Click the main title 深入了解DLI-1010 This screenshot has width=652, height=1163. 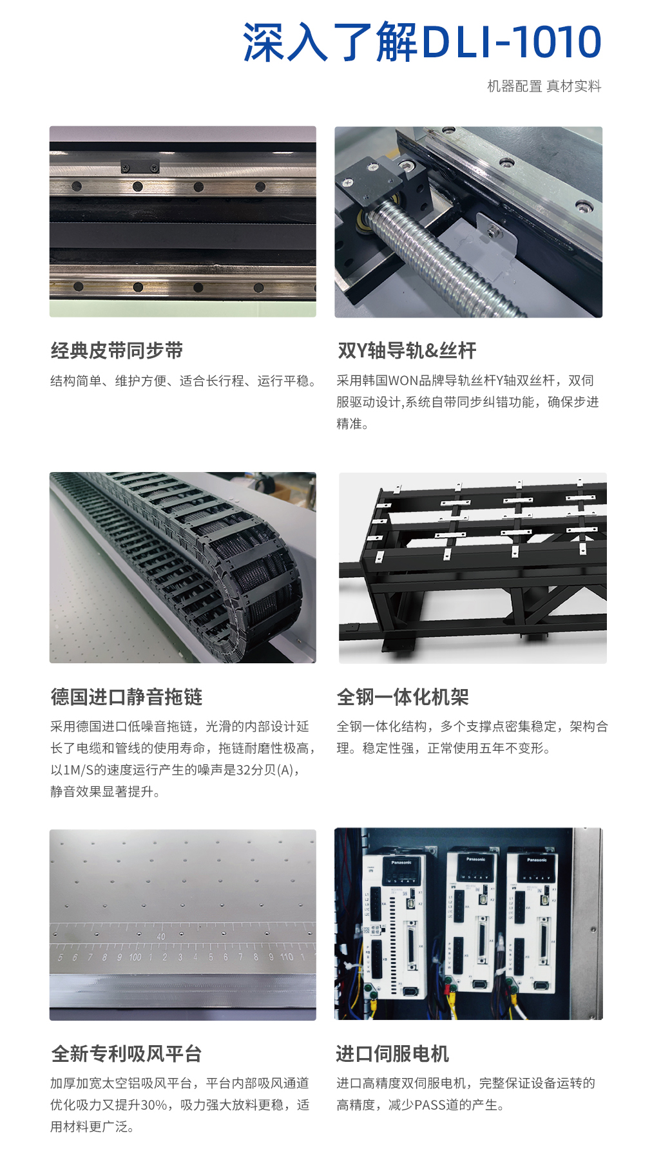(x=422, y=43)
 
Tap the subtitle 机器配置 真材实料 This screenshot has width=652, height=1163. (x=544, y=86)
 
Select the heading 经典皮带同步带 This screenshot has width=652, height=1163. (x=117, y=351)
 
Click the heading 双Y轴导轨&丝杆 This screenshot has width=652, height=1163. (x=407, y=351)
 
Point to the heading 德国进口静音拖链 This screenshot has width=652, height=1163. (x=126, y=697)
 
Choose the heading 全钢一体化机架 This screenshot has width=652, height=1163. (x=403, y=697)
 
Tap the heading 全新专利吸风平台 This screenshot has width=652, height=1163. (x=126, y=1054)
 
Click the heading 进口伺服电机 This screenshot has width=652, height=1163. (x=392, y=1054)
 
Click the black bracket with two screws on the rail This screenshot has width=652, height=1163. (x=139, y=167)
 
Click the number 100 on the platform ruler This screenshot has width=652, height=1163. (x=135, y=958)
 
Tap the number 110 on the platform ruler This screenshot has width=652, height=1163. (x=287, y=958)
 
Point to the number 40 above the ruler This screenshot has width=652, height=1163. (x=160, y=936)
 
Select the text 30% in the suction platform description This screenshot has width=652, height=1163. (x=153, y=1105)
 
